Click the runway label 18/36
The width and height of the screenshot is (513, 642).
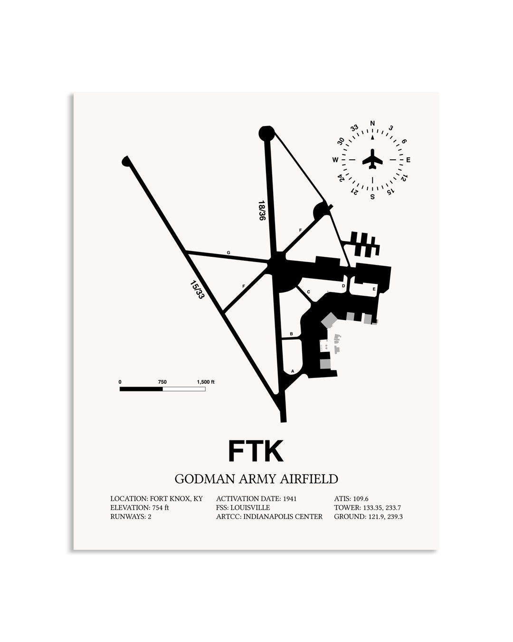point(261,210)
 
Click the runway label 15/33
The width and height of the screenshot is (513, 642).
point(197,290)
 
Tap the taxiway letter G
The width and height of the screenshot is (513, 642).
point(228,253)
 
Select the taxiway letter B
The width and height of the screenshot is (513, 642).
point(291,334)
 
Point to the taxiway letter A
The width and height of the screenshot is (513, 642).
point(293,371)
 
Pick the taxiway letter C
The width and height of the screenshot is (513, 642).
point(308,292)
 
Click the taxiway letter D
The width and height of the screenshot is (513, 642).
point(343,286)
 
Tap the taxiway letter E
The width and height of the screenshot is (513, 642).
point(374,289)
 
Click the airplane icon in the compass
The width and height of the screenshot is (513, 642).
point(372,159)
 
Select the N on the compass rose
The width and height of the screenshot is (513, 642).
point(372,123)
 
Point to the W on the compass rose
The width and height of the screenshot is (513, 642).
point(335,160)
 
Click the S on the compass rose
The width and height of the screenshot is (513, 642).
point(372,197)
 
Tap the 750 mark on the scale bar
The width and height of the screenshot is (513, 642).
point(162,382)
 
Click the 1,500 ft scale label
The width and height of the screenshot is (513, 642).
point(205,382)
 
